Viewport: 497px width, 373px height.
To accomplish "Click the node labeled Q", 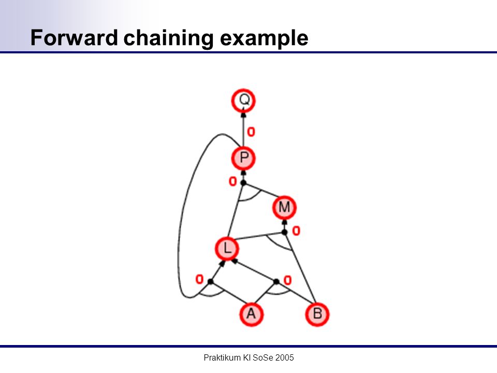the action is [x=243, y=101].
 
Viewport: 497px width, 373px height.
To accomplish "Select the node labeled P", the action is [x=243, y=158].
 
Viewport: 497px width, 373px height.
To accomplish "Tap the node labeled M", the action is [x=284, y=207].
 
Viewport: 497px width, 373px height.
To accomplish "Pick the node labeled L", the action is [x=227, y=248].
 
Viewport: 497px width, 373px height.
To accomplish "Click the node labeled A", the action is [x=251, y=314].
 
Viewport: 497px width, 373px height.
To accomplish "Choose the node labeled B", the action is [x=317, y=314].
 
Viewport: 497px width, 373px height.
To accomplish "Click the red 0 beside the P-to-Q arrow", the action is [x=251, y=132].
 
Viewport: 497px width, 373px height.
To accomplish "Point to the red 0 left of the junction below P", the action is [x=233, y=181].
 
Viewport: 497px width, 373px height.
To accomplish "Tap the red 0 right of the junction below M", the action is [x=296, y=231].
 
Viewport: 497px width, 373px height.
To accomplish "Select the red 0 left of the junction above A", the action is [x=199, y=279].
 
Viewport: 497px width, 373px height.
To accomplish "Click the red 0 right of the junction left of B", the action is [x=287, y=280].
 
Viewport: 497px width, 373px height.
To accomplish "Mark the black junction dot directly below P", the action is [x=243, y=183].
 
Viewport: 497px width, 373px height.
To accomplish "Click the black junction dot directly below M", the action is [x=285, y=233].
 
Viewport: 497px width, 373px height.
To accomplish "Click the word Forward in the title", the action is [x=74, y=38].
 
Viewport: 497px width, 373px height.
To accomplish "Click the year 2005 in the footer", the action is [x=285, y=358].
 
